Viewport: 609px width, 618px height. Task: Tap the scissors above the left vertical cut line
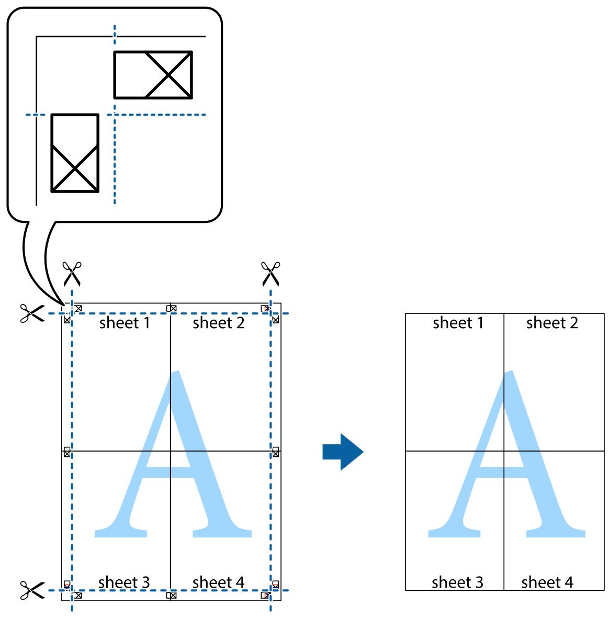point(72,273)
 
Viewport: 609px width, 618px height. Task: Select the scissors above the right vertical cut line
point(270,273)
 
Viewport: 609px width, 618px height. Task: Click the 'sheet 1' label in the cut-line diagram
point(125,323)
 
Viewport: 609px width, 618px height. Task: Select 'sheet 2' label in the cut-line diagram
point(219,323)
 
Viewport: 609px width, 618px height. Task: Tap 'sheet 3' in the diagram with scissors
point(124,582)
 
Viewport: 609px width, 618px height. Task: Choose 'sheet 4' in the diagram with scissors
point(219,582)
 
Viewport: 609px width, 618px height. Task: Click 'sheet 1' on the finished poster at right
point(458,323)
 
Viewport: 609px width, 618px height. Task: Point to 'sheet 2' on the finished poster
point(552,323)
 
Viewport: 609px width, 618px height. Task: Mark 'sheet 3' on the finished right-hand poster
point(457,582)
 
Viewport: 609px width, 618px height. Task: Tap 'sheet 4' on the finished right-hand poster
point(547,582)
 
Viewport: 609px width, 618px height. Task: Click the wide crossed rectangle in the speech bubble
point(153,75)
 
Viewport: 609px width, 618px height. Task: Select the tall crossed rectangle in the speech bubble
point(75,153)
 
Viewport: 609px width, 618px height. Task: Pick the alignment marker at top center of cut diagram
point(171,308)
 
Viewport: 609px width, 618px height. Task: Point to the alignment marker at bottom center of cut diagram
point(171,595)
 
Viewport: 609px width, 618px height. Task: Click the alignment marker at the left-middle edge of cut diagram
point(66,452)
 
